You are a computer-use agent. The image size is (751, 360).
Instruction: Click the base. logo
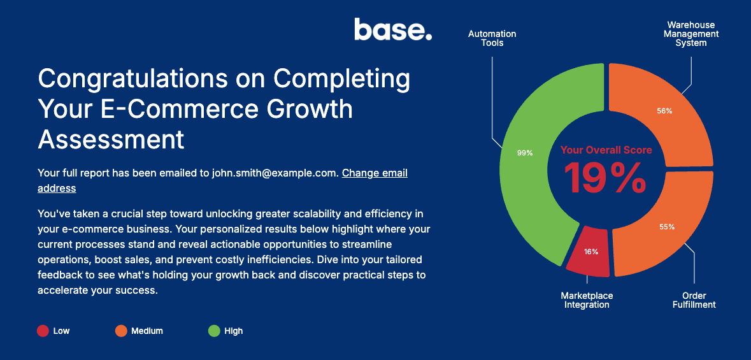click(x=393, y=29)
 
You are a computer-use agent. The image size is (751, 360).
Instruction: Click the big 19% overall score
click(x=605, y=178)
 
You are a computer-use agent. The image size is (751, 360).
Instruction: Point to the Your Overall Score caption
click(x=606, y=150)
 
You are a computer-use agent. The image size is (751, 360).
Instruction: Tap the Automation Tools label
click(x=492, y=38)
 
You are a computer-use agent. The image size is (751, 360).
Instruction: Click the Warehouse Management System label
click(x=691, y=34)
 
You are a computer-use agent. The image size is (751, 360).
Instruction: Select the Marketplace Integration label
click(x=587, y=300)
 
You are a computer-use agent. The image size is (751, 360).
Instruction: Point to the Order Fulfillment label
click(x=694, y=300)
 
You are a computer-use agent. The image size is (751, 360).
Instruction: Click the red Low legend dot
click(x=43, y=331)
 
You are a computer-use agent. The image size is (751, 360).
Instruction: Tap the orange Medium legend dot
click(x=120, y=331)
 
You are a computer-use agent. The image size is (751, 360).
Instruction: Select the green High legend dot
click(x=214, y=331)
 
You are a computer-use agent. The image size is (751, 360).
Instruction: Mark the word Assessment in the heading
click(x=111, y=139)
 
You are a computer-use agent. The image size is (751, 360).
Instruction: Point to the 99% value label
click(x=525, y=154)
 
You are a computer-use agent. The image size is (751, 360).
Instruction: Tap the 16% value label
click(x=591, y=252)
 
